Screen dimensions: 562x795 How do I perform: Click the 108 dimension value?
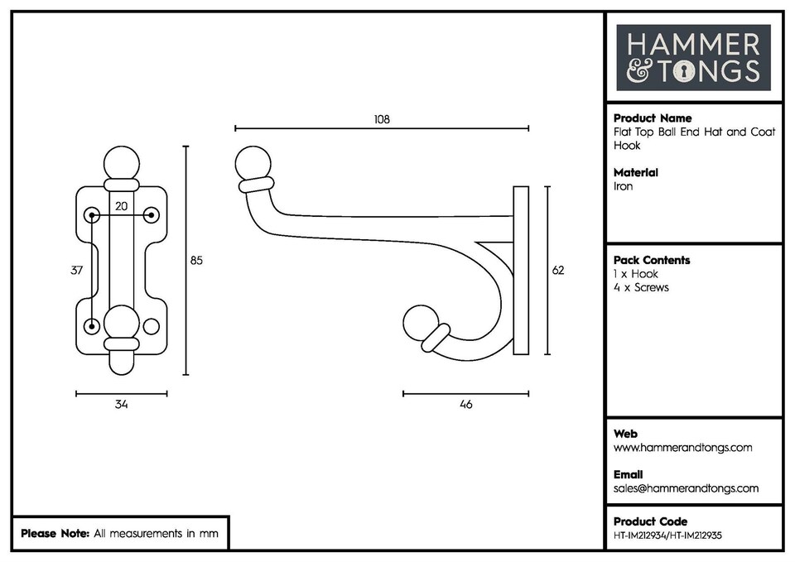[381, 119]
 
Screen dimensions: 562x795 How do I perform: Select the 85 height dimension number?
[196, 261]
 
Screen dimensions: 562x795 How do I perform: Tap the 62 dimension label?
[558, 271]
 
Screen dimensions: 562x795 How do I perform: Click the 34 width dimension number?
[122, 405]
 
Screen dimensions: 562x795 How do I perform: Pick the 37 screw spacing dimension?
[77, 271]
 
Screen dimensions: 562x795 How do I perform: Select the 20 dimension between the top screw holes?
[122, 206]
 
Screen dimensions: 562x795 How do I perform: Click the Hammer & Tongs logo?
[693, 57]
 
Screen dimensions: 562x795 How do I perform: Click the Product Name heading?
[653, 118]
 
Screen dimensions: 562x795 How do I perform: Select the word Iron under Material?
[623, 186]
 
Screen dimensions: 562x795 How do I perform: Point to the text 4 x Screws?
[641, 287]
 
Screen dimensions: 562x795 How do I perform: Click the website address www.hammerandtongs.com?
[682, 448]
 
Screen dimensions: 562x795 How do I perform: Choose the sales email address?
[686, 488]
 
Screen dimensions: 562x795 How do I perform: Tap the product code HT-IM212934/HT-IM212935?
[667, 535]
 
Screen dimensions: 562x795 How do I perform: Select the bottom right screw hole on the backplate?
[151, 326]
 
